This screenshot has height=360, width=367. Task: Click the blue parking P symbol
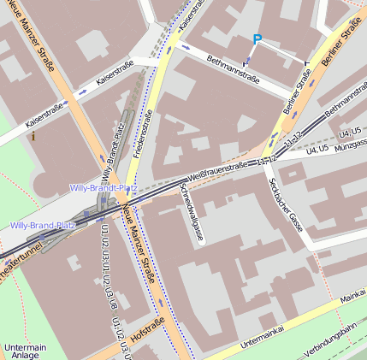coord(257,38)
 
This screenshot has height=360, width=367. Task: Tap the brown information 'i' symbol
coord(33,135)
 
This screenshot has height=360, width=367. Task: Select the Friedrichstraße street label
coord(144,138)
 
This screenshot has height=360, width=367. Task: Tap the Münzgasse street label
coord(352,146)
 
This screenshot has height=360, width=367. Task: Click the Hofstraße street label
coord(147,328)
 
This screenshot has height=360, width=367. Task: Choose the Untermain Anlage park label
coord(25,351)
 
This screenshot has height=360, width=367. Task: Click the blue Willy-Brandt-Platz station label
coord(104,187)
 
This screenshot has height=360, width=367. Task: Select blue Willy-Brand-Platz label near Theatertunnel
coord(43,226)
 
